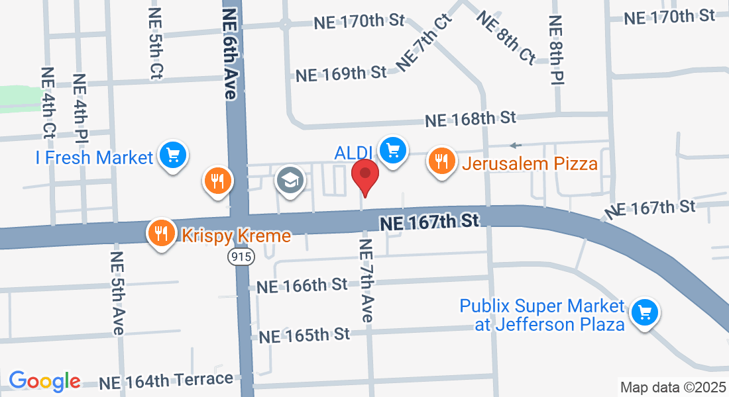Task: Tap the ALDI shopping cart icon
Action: click(392, 152)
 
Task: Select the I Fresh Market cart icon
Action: click(173, 155)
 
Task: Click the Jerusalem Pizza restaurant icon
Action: click(441, 161)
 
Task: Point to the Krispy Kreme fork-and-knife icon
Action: click(160, 234)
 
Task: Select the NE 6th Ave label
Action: click(230, 54)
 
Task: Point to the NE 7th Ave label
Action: click(366, 281)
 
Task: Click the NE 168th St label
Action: click(471, 119)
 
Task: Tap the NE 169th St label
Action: click(341, 73)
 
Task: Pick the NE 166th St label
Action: click(302, 286)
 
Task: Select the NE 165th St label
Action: click(304, 335)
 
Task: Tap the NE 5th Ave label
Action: click(117, 293)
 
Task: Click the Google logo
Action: click(44, 381)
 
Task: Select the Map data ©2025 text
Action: click(671, 386)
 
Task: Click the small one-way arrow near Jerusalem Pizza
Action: click(516, 146)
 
